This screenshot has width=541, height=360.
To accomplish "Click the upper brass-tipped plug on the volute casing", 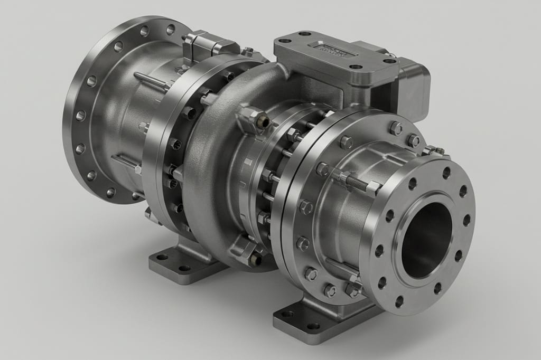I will click(260, 122).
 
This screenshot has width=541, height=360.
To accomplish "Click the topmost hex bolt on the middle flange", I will click(395, 128).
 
